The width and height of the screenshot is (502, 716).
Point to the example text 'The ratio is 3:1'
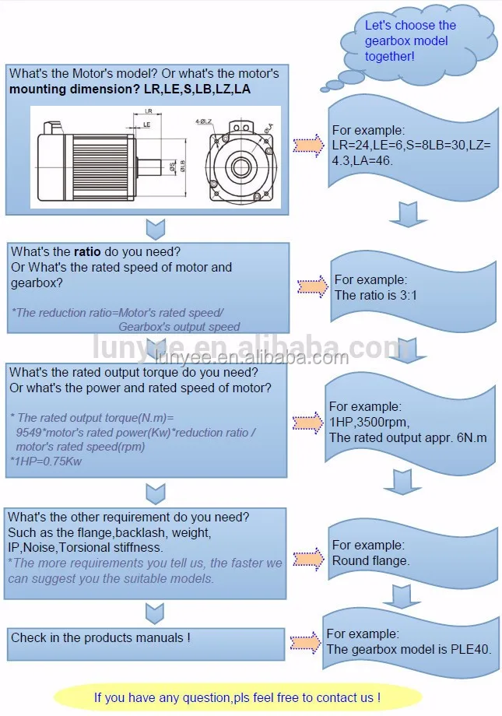[x=377, y=295]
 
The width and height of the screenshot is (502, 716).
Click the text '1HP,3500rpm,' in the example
[x=368, y=422]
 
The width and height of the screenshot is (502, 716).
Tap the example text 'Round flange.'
[x=370, y=560]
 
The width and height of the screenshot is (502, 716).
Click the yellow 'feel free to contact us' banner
[x=237, y=697]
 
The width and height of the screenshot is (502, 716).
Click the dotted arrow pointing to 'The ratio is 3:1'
[x=313, y=286]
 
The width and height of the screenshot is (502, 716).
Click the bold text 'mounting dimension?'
[x=75, y=89]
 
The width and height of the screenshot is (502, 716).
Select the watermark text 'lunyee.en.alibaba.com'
[x=251, y=357]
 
